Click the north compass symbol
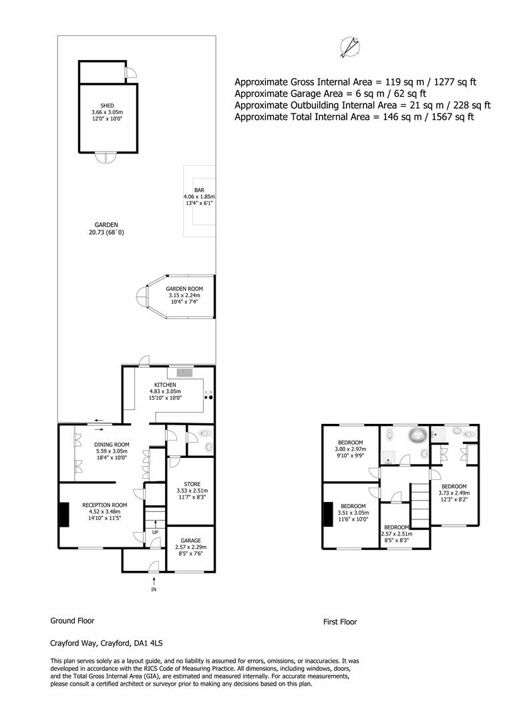[351, 47]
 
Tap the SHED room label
[107, 105]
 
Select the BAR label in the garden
[199, 190]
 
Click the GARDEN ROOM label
[184, 289]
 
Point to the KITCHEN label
[165, 385]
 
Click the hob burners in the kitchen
[208, 395]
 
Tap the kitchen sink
[185, 372]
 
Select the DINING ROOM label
[112, 445]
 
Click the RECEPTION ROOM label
[104, 505]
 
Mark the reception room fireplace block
[64, 515]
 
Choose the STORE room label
[192, 484]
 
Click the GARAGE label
[191, 541]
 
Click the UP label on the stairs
[156, 533]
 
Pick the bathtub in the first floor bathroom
[417, 435]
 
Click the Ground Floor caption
[72, 621]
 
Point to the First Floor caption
[340, 622]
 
